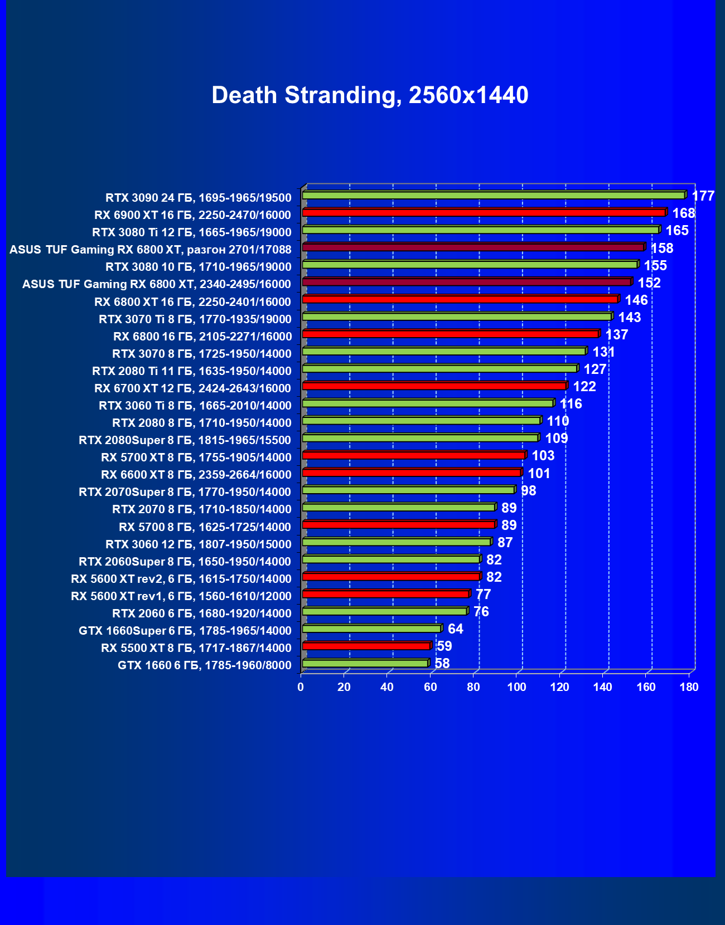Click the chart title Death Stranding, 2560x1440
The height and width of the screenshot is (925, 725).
[370, 95]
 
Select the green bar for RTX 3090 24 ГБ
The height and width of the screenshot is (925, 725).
[494, 195]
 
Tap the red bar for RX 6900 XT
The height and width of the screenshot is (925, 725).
[484, 212]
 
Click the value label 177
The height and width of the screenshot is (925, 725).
[703, 196]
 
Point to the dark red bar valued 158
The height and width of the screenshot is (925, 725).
[473, 247]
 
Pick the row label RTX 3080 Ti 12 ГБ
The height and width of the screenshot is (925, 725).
[191, 232]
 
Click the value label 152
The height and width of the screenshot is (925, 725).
[649, 283]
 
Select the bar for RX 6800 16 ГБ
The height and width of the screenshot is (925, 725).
[450, 334]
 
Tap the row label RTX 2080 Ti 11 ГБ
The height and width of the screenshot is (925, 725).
[191, 371]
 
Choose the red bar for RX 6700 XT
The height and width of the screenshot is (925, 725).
[434, 386]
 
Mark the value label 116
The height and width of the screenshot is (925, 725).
[571, 404]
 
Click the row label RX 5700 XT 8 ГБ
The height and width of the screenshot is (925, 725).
[196, 457]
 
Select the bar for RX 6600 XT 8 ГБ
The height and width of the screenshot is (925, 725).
[412, 473]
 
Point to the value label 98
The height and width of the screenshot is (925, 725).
[528, 491]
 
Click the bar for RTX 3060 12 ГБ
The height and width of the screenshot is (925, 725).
[396, 542]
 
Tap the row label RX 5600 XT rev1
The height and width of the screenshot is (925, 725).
[181, 596]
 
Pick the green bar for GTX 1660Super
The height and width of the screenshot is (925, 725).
[371, 629]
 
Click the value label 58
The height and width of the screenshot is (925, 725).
[442, 664]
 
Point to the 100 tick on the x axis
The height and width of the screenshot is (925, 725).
[516, 687]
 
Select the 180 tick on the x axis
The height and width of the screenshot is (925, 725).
[689, 687]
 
